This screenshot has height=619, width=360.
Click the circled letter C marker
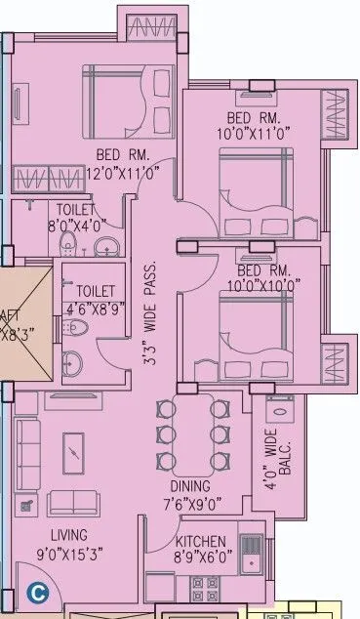click(38, 592)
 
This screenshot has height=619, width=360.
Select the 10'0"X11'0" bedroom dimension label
click(255, 134)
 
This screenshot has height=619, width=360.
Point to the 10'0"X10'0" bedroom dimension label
click(262, 285)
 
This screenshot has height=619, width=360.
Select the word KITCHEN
click(203, 543)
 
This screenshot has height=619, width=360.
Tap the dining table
click(192, 433)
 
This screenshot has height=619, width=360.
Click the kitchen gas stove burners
click(204, 591)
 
